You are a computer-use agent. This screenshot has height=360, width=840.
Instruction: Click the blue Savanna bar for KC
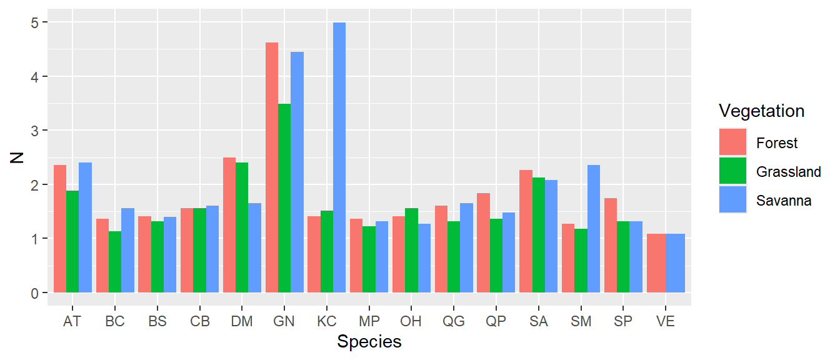pyautogui.click(x=339, y=157)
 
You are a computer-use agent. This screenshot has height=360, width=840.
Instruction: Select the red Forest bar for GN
pyautogui.click(x=272, y=167)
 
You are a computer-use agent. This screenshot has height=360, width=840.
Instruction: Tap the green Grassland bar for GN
pyautogui.click(x=284, y=198)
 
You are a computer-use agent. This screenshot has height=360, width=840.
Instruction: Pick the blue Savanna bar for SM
pyautogui.click(x=594, y=229)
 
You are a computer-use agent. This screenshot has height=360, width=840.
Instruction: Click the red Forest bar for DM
pyautogui.click(x=229, y=225)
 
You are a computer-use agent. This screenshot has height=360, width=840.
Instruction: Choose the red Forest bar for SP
pyautogui.click(x=611, y=246)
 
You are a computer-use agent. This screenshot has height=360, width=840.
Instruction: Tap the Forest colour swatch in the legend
pyautogui.click(x=732, y=143)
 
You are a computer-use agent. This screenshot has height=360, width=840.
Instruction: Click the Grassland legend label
pyautogui.click(x=788, y=172)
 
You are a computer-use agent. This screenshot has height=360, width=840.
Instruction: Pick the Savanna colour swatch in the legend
pyautogui.click(x=732, y=201)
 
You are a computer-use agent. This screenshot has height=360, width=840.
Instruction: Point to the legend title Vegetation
pyautogui.click(x=761, y=111)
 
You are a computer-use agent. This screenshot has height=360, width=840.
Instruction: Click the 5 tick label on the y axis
pyautogui.click(x=34, y=22)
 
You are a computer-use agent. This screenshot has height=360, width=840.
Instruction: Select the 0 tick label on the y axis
pyautogui.click(x=34, y=293)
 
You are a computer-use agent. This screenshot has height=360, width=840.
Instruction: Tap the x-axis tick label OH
pyautogui.click(x=411, y=322)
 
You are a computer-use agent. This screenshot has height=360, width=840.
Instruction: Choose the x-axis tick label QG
pyautogui.click(x=454, y=322)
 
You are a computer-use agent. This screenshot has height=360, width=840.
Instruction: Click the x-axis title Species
pyautogui.click(x=369, y=342)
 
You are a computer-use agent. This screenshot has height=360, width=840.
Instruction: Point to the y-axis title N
pyautogui.click(x=17, y=157)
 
